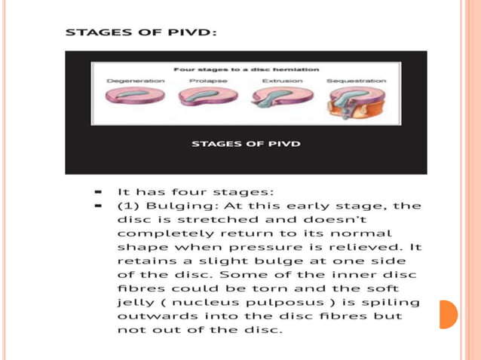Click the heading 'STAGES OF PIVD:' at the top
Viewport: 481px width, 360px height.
[x=141, y=32]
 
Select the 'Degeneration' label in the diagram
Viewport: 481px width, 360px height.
[x=136, y=80]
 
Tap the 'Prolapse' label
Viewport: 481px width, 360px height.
[x=204, y=80]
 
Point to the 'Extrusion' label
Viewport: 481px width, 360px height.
[x=282, y=80]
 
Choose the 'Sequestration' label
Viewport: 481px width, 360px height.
[x=356, y=80]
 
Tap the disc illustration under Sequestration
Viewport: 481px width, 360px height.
[x=355, y=103]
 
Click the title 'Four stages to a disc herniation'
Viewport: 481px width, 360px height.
[x=246, y=69]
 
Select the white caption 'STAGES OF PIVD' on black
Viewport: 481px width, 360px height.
[x=246, y=143]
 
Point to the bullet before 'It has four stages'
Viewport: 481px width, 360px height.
[x=99, y=192]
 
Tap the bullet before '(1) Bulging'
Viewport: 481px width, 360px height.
[x=99, y=206]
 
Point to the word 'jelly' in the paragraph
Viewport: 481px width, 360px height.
[x=133, y=302]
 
